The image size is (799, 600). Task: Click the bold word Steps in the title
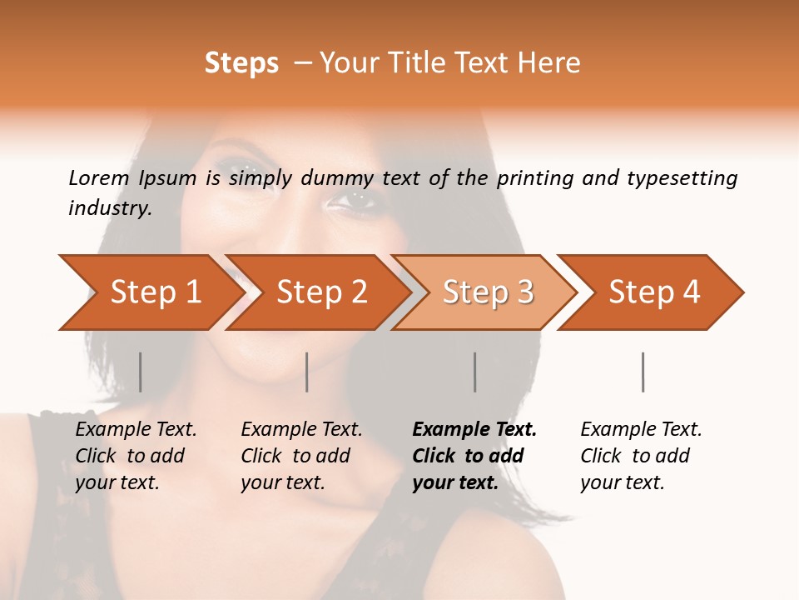pos(241,63)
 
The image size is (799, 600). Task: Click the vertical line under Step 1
pos(141,372)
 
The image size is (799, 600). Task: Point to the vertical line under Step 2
pos(307,372)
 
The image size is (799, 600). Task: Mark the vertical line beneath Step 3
pos(475,372)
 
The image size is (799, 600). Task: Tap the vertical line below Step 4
pos(643,372)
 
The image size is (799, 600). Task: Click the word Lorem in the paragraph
pos(99,177)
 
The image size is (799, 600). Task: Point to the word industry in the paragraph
pos(110,208)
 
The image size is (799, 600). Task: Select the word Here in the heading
pos(553,63)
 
